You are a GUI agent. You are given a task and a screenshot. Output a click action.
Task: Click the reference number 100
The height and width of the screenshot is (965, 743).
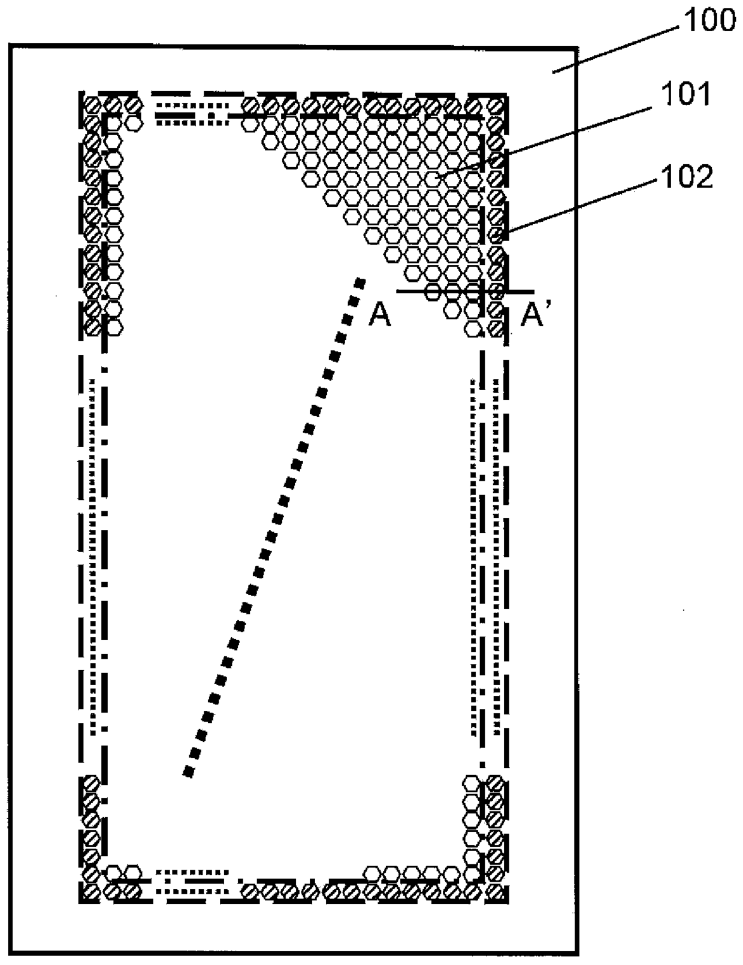(709, 22)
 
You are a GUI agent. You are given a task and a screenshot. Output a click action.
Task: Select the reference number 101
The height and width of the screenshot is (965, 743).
(685, 95)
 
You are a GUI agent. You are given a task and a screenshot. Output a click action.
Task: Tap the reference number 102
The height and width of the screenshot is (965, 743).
(687, 177)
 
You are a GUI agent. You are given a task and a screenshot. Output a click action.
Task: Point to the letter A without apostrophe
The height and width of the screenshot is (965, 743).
(380, 315)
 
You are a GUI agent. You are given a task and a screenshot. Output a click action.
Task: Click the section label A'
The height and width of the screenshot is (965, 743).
(533, 315)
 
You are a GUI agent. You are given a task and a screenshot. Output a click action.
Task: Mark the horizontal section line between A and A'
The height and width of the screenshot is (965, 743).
(464, 292)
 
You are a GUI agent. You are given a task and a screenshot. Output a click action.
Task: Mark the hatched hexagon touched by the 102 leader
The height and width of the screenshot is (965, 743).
(496, 234)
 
